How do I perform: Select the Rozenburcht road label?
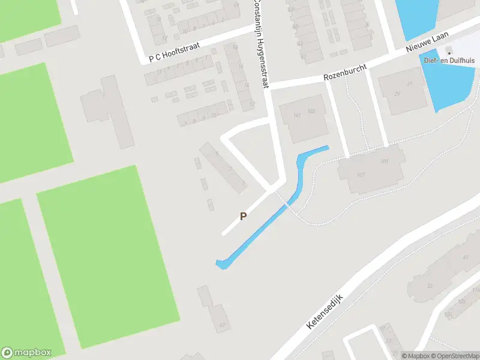(345, 71)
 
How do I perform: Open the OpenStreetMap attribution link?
(454, 356)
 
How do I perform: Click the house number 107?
(361, 175)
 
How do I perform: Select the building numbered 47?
(223, 325)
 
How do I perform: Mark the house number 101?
(385, 161)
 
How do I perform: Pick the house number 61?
(466, 257)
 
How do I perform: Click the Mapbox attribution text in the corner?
(416, 356)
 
